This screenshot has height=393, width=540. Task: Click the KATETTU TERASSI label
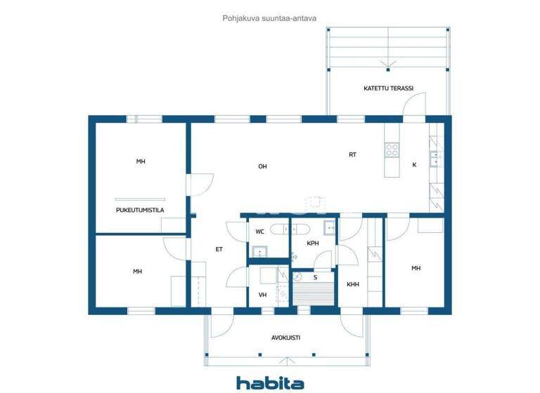point(388,89)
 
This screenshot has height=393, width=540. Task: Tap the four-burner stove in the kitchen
point(392,149)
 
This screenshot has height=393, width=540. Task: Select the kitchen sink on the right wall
point(435,157)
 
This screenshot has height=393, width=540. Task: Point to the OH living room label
point(262,166)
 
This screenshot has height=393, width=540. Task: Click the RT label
point(353,154)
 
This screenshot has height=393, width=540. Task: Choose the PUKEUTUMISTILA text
point(140,210)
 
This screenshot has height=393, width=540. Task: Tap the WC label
point(259,231)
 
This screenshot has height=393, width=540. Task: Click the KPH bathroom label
point(313,244)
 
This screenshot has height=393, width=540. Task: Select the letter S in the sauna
point(315,277)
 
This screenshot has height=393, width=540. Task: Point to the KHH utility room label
point(352,284)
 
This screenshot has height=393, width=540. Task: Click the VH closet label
point(263,295)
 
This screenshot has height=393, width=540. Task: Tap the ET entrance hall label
point(219,249)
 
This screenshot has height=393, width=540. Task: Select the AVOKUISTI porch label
point(285,338)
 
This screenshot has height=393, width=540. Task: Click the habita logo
point(270,382)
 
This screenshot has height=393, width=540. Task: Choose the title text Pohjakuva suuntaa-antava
point(270,19)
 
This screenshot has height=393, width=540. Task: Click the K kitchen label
point(414,165)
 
